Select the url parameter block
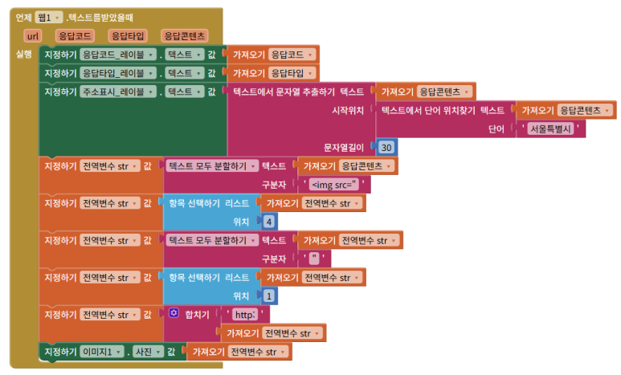click(33, 36)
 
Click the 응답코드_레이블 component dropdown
click(120, 55)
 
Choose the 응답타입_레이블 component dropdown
click(120, 73)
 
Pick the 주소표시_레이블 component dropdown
click(120, 92)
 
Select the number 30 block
click(386, 148)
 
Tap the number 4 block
click(269, 221)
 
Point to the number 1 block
click(269, 296)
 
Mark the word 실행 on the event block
click(23, 55)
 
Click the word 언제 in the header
click(24, 17)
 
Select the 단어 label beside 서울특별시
click(497, 128)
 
